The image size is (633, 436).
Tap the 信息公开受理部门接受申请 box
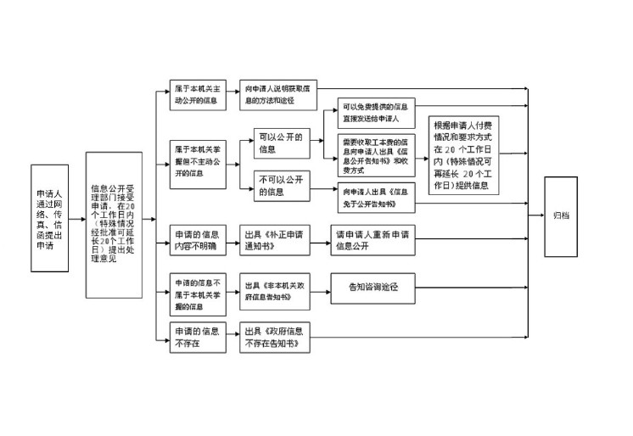click(113, 224)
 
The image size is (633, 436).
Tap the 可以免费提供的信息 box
click(375, 113)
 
